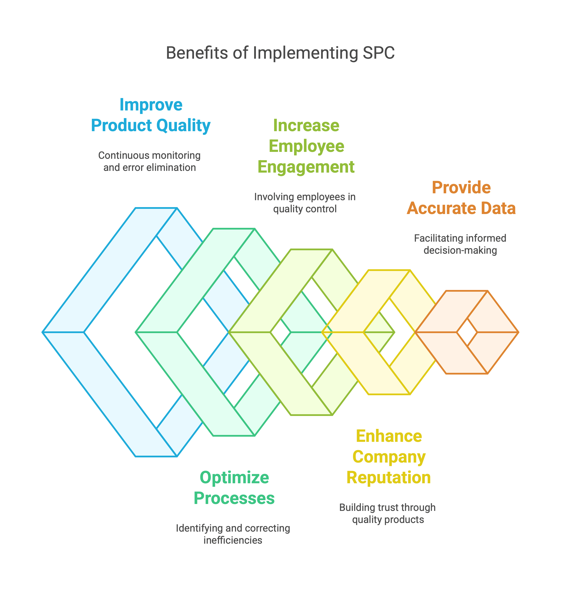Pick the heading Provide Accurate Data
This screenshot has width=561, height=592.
click(461, 198)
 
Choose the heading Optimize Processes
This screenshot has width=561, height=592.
click(234, 488)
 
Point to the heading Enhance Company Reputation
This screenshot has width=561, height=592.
click(388, 457)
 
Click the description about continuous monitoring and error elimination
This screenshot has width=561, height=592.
click(150, 161)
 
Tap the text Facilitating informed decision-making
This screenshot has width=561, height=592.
click(460, 244)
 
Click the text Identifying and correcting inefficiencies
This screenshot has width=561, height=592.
click(233, 534)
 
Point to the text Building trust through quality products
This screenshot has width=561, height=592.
click(388, 513)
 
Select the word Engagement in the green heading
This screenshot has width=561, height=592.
click(306, 167)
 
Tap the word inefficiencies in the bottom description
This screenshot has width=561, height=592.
click(233, 540)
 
